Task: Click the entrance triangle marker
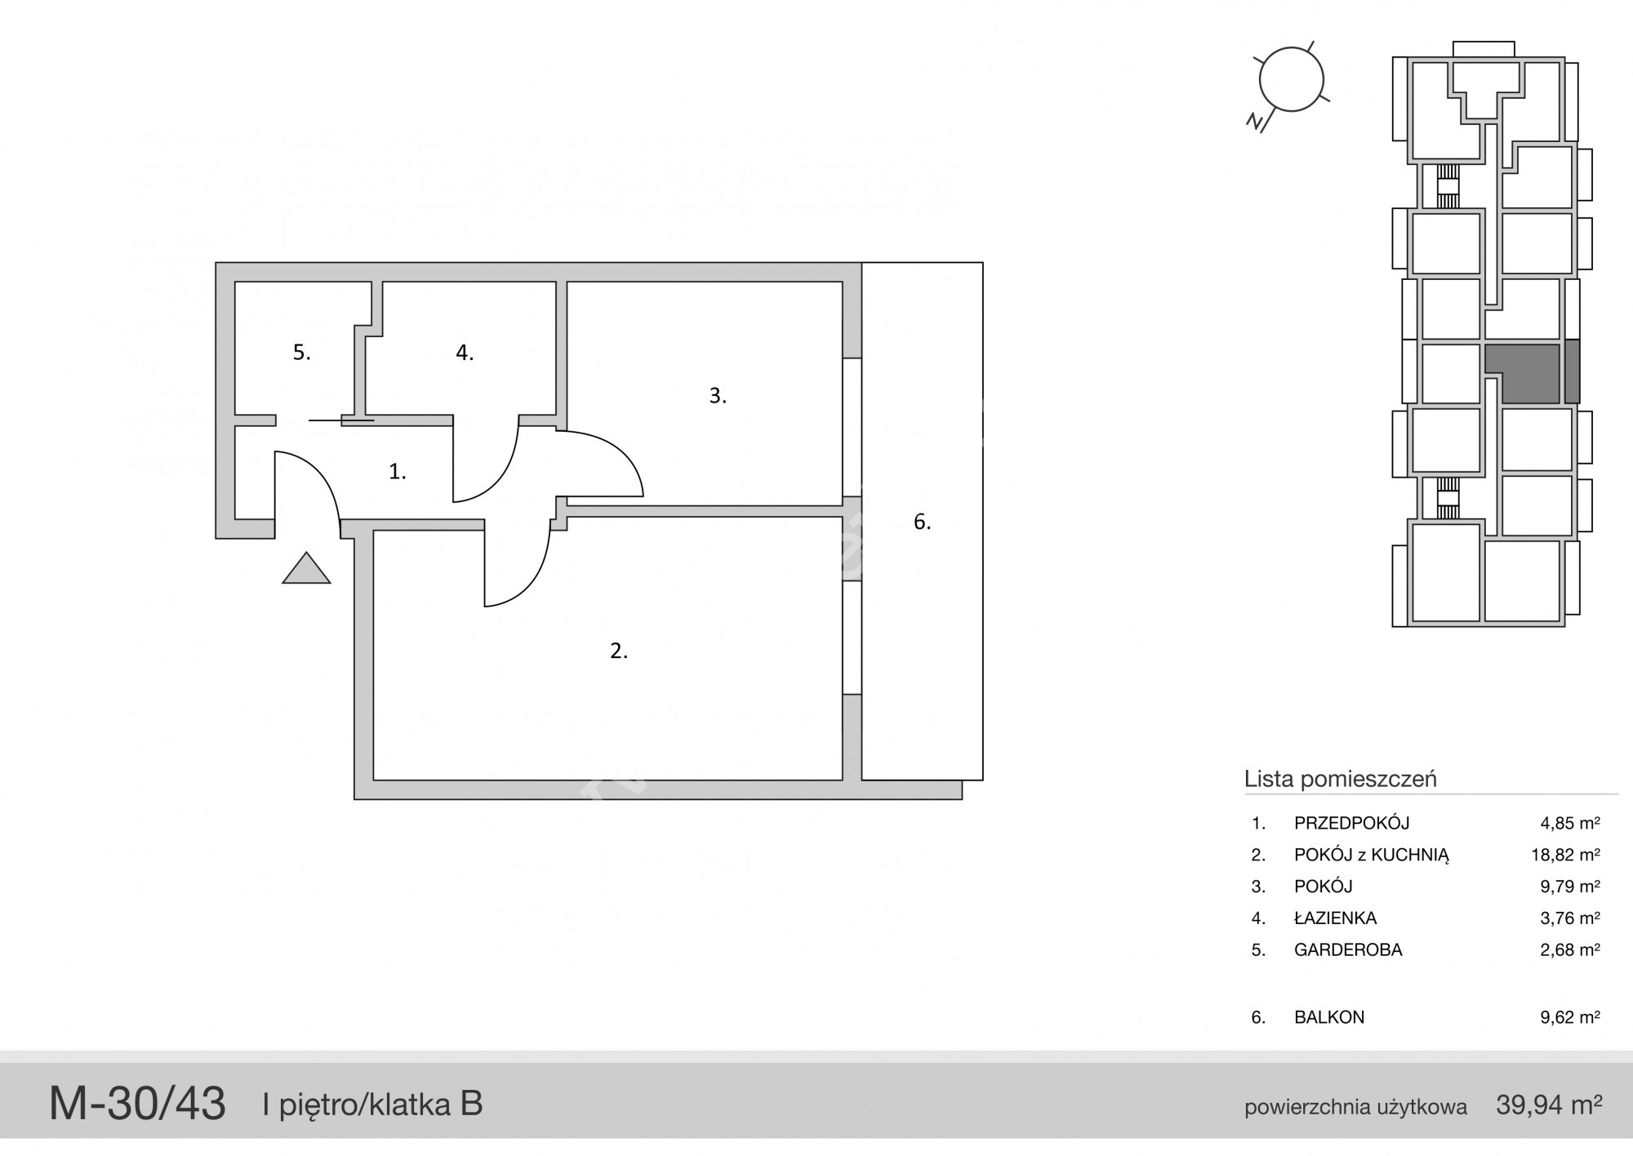[x=306, y=570]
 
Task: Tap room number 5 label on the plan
[x=302, y=353]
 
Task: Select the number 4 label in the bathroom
[x=465, y=353]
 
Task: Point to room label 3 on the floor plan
[x=718, y=396]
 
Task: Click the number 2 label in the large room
[x=619, y=651]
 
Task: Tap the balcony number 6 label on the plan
[x=922, y=522]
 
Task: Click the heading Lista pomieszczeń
[x=1340, y=779]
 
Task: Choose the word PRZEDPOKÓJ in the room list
[x=1352, y=823]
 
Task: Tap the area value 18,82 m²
[x=1566, y=855]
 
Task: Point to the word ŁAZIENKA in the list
[x=1336, y=918]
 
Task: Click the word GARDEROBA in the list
[x=1348, y=949]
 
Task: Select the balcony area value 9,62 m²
[x=1570, y=1017]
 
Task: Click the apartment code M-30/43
[x=137, y=1104]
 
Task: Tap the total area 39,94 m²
[x=1549, y=1105]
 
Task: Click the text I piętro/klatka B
[x=372, y=1105]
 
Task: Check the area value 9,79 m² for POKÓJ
[x=1570, y=886]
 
